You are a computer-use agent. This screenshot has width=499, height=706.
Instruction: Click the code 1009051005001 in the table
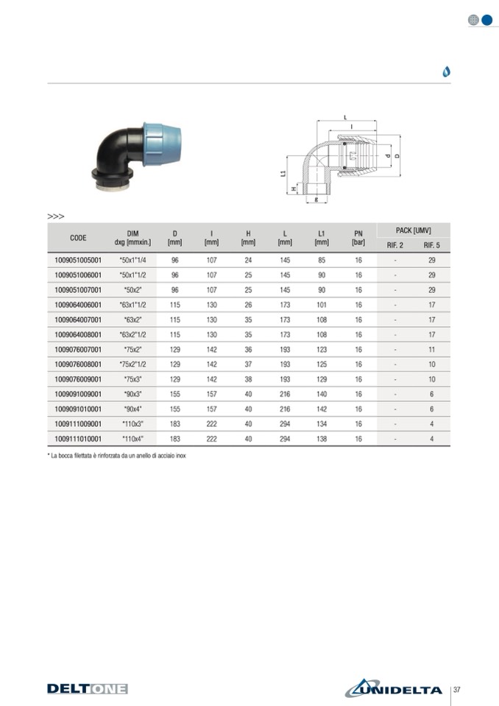pyautogui.click(x=78, y=260)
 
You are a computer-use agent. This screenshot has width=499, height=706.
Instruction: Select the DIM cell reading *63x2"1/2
pyautogui.click(x=132, y=334)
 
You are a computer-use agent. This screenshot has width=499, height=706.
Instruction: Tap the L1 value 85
pyautogui.click(x=322, y=260)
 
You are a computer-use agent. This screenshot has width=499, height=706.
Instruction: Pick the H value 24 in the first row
pyautogui.click(x=248, y=260)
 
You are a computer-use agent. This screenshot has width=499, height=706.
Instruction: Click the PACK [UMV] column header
pyautogui.click(x=413, y=230)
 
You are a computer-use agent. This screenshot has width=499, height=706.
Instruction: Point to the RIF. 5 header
pyautogui.click(x=431, y=245)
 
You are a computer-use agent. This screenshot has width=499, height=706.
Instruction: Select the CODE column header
pyautogui.click(x=78, y=238)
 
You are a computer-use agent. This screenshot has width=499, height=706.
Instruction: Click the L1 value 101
pyautogui.click(x=322, y=305)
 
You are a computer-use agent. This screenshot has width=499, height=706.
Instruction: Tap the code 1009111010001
pyautogui.click(x=78, y=439)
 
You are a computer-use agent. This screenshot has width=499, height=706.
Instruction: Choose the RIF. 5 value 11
pyautogui.click(x=431, y=350)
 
